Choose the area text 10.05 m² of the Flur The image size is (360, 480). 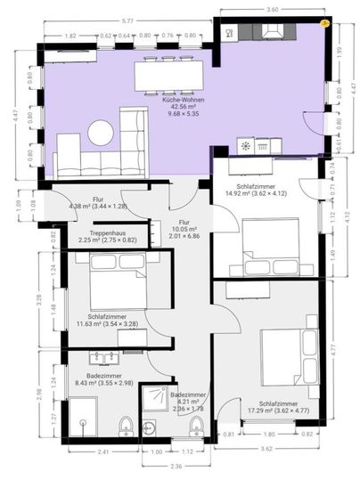click(x=184, y=229)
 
